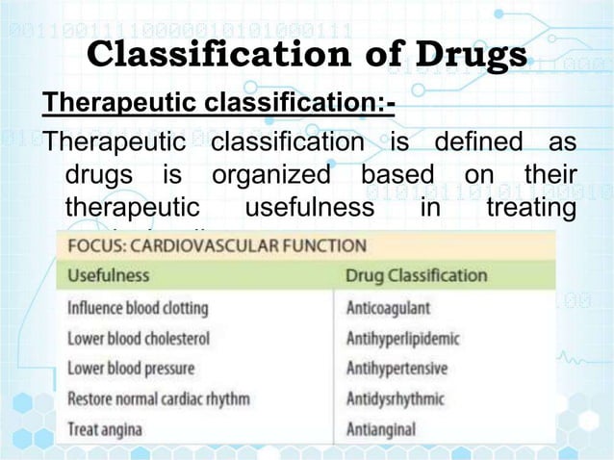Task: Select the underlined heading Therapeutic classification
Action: (216, 101)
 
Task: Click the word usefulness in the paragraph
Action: (309, 208)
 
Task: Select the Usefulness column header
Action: (109, 275)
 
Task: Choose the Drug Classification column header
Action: (417, 275)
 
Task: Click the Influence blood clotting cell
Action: (138, 309)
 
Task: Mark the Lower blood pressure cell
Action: (131, 369)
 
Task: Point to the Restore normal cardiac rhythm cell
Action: (159, 398)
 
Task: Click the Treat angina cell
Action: (105, 428)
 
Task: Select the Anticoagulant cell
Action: (388, 309)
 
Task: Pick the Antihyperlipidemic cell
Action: (402, 339)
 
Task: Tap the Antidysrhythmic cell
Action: (395, 398)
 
